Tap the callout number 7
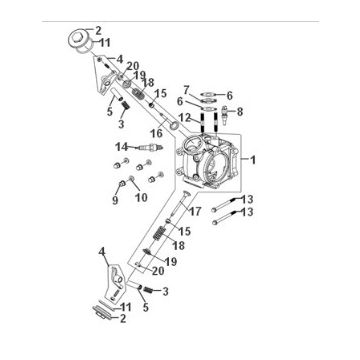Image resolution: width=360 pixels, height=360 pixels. tap(186, 91)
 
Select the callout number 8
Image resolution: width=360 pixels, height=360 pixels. tap(240, 111)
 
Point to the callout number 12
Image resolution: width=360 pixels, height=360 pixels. tap(186, 118)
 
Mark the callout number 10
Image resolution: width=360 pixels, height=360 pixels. tap(141, 196)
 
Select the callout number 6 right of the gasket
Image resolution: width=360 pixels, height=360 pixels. tap(229, 95)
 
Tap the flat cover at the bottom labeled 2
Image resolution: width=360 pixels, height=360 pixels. tap(103, 310)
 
